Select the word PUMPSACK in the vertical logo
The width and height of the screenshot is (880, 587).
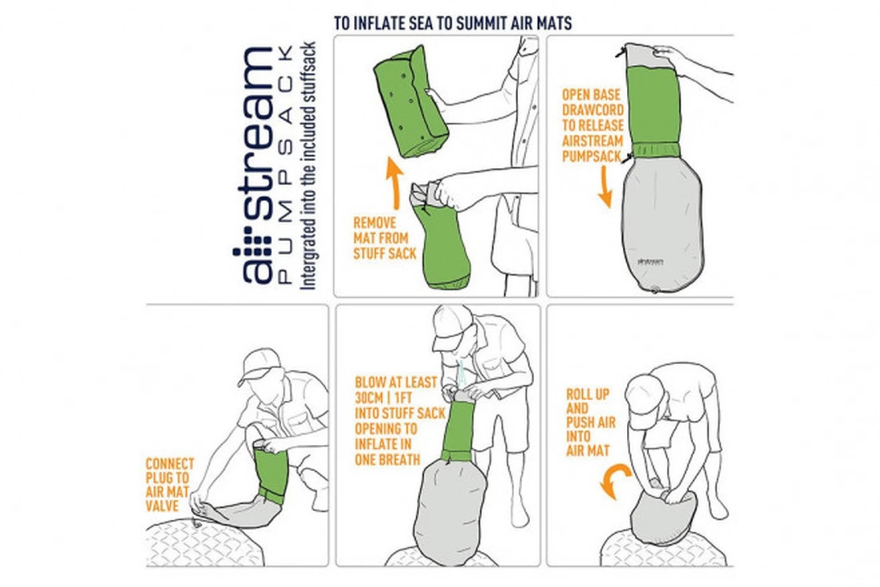[x=285, y=165]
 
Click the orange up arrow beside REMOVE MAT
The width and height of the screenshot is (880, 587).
[x=395, y=183]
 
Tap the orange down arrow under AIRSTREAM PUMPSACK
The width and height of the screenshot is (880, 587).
[x=605, y=187]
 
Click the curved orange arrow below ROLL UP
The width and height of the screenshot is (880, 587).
[x=615, y=481]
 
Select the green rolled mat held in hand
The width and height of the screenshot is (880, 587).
[x=410, y=102]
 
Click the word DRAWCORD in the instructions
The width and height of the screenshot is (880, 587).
[x=593, y=110]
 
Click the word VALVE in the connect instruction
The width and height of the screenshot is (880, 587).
[x=162, y=506]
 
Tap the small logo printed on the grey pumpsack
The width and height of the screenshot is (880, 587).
[x=650, y=261]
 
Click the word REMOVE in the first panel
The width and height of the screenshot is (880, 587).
[x=374, y=223]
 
